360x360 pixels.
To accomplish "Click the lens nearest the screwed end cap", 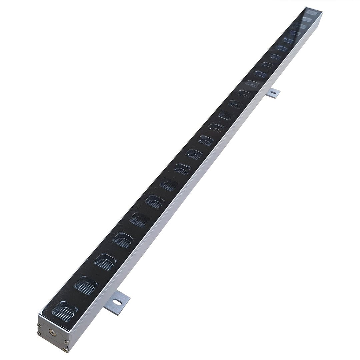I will click(x=65, y=311).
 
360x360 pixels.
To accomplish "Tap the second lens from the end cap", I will click(x=86, y=286).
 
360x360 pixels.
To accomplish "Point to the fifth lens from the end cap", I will click(x=139, y=219).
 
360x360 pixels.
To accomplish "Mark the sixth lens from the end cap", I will click(x=155, y=201).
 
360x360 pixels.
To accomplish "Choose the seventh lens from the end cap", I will click(x=169, y=184).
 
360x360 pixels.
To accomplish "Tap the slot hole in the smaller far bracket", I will click(x=273, y=92).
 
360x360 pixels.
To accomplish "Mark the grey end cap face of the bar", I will click(x=53, y=333).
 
